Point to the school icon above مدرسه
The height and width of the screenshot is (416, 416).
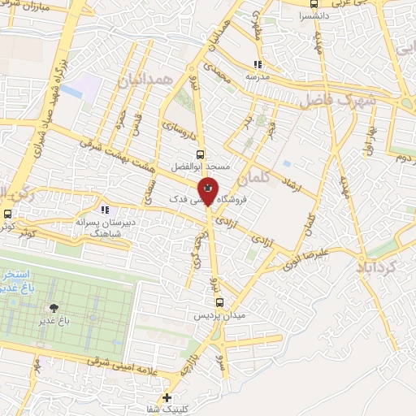[x=258, y=65]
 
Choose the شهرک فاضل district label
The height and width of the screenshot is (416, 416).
[x=337, y=100]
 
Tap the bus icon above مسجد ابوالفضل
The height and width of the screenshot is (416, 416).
[x=200, y=153]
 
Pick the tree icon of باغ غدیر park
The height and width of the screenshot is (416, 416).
[x=54, y=308]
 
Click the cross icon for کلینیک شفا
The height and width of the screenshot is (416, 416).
[x=167, y=397]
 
